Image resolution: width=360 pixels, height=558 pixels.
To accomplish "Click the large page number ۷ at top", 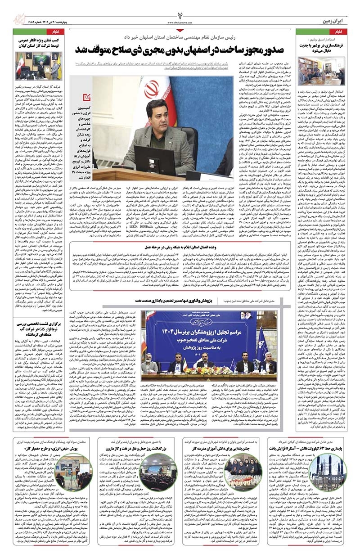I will point(180,10).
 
